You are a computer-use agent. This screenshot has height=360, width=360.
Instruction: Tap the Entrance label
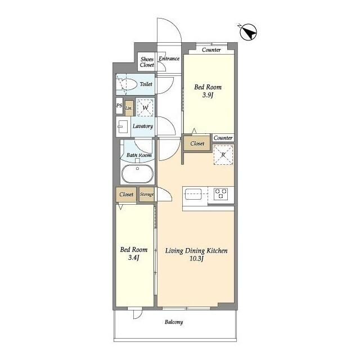169,58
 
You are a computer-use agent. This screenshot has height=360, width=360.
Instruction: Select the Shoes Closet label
147,62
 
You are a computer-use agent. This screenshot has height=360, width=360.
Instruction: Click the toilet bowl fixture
128,85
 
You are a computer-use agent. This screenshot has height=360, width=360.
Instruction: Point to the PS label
119,105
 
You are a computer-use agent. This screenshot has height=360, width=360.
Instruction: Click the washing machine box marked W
145,107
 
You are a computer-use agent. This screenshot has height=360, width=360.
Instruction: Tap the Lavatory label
142,126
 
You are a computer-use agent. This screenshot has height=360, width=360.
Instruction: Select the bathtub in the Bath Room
137,174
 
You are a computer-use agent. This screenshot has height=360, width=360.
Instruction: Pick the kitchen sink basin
193,194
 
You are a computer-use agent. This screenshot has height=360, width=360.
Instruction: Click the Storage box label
147,195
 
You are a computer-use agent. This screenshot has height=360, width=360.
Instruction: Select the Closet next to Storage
127,195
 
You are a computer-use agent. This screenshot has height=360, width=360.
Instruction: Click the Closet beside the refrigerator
197,144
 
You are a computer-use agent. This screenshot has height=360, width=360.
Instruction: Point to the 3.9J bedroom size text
208,96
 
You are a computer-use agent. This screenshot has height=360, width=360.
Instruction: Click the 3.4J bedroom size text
133,258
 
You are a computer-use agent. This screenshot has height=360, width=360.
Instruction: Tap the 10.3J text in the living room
196,259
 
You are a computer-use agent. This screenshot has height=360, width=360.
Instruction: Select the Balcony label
174,322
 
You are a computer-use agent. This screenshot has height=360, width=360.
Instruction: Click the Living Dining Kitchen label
196,251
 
